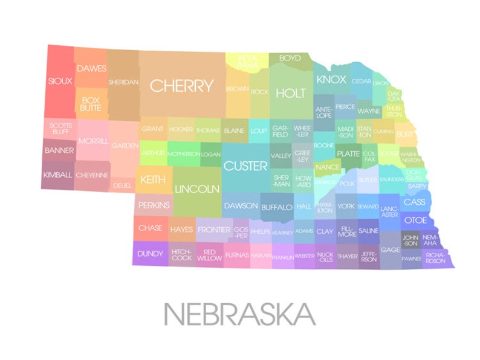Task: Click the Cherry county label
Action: [181, 86]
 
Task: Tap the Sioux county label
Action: [60, 81]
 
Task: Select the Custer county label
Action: [245, 166]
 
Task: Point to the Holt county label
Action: [291, 93]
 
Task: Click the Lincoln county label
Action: [196, 189]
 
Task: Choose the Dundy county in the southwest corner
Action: [150, 254]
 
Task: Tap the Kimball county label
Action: [57, 175]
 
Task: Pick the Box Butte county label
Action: [91, 104]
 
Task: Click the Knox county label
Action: [331, 80]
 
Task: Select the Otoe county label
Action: [415, 220]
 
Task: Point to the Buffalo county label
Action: [277, 207]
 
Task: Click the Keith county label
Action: [152, 180]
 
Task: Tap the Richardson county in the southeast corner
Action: [435, 258]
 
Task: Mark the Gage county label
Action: [390, 250]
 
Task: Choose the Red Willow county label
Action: [209, 255]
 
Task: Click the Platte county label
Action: [348, 154]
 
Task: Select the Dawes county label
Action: [91, 69]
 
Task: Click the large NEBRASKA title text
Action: [239, 315]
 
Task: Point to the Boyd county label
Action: [290, 58]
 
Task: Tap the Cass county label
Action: [414, 202]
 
